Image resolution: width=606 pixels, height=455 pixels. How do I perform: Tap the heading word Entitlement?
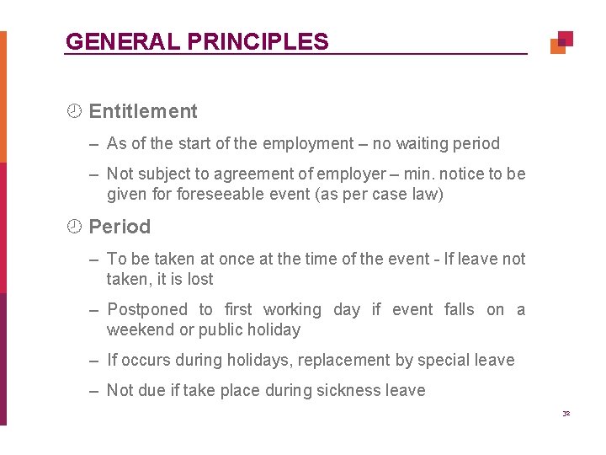point(143,111)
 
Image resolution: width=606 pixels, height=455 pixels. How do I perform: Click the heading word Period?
point(120,227)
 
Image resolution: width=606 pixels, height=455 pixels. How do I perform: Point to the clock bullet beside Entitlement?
point(74,111)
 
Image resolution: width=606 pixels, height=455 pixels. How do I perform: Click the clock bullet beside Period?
point(74,227)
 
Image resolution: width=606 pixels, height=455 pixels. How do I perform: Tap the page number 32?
point(566,413)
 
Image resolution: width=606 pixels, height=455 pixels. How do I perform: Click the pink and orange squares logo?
point(561,42)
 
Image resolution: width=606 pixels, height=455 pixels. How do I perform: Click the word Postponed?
point(147,310)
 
